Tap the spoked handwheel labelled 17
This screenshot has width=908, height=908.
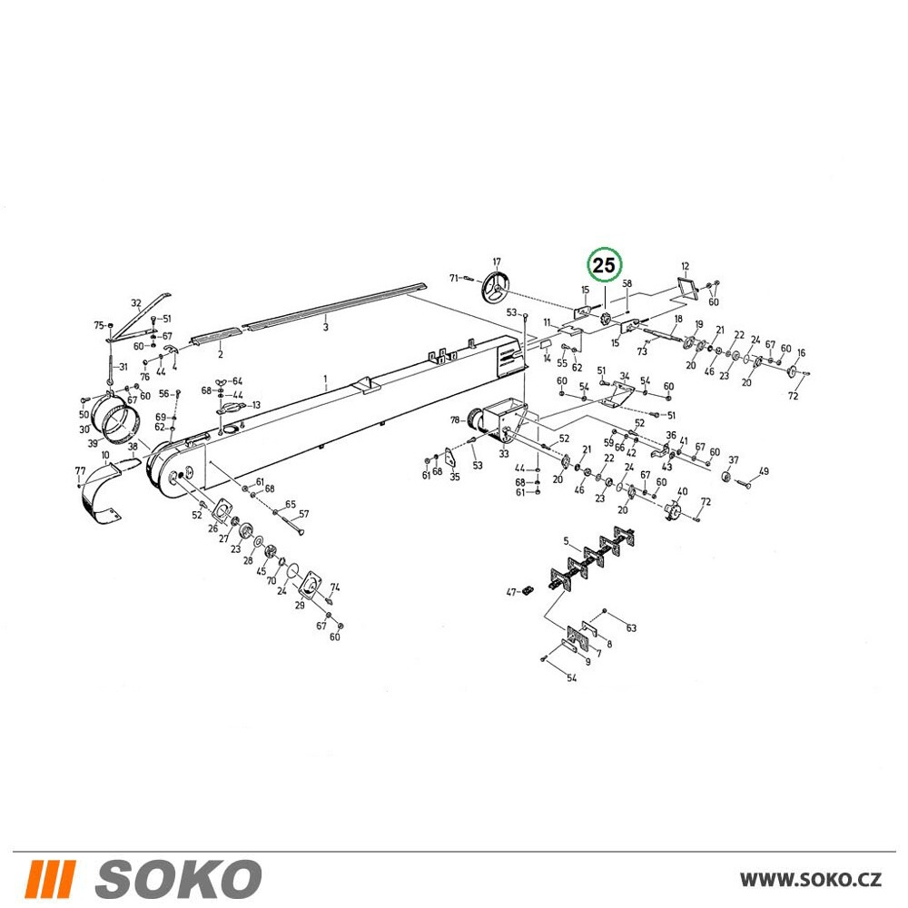494,288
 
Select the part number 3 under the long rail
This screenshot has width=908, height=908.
325,327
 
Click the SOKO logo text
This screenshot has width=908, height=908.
178,878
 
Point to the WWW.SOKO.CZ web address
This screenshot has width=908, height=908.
811,879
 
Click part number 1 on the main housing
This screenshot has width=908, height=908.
325,379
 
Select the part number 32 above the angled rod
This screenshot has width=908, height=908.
136,303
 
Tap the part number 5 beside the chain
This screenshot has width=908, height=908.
566,541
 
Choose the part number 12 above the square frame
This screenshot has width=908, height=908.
685,266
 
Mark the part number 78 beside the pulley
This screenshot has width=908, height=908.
455,419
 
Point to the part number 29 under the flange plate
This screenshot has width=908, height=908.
300,605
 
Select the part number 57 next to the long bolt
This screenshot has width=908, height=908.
304,514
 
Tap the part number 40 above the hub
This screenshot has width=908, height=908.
682,491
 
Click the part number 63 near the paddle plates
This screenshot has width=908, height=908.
631,627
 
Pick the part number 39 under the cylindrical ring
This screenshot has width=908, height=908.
92,443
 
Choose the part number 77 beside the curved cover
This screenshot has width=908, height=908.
81,470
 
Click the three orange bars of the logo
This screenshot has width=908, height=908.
52,878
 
